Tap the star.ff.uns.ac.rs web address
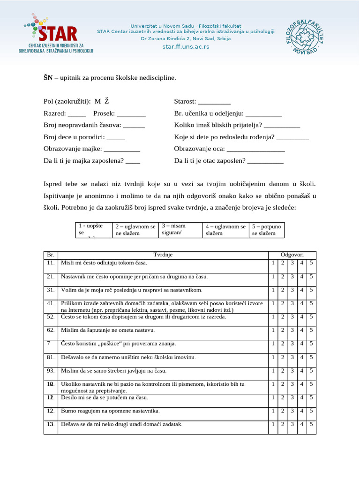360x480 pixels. click(186, 46)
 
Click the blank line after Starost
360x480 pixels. click(215, 101)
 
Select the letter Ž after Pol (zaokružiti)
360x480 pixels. click(107, 101)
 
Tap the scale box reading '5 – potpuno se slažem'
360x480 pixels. click(267, 229)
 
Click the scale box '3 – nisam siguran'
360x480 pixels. click(179, 229)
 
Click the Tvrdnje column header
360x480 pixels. click(163, 255)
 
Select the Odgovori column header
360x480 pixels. click(292, 255)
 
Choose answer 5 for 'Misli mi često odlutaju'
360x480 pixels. click(311, 262)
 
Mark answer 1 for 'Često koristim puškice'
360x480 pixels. click(273, 344)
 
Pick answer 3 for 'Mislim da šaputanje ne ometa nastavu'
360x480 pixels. click(292, 330)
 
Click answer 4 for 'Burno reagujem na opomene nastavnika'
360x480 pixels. click(302, 411)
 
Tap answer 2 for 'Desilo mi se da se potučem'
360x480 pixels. click(283, 397)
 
